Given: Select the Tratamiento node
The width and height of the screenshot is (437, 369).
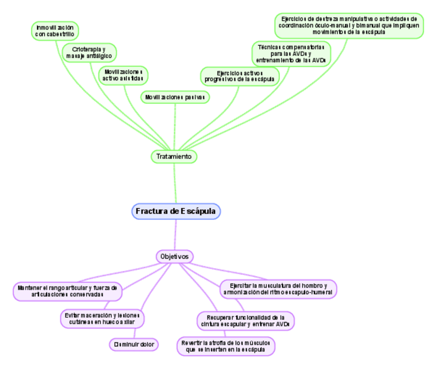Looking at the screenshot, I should [x=174, y=156].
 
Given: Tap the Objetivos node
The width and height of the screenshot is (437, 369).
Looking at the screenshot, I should [x=175, y=256].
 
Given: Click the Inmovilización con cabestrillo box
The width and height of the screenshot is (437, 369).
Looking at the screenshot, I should [x=55, y=31].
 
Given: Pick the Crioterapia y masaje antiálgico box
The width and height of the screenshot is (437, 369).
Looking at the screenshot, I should [x=89, y=53].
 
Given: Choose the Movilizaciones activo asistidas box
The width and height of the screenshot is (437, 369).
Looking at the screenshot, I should [x=123, y=75].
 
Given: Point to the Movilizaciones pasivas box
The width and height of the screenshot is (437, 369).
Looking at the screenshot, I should [x=175, y=97].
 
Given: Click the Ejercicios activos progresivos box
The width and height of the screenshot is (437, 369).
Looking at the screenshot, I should [x=240, y=76].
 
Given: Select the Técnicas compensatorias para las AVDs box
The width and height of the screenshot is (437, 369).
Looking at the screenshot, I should [x=291, y=54].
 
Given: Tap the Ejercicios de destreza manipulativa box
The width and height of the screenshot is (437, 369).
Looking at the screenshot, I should [x=349, y=25].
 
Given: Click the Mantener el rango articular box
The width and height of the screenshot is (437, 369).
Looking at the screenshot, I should [x=67, y=291].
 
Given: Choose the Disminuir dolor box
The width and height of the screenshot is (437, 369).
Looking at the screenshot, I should [x=134, y=344].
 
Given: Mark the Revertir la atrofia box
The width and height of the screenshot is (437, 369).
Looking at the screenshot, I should [x=226, y=346].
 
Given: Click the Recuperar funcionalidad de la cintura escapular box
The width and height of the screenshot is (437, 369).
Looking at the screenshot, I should [x=245, y=321].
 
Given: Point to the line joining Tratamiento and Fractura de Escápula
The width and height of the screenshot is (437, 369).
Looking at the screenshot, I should [x=175, y=183].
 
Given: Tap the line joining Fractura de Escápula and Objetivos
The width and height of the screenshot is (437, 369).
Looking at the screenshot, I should [x=175, y=234].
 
